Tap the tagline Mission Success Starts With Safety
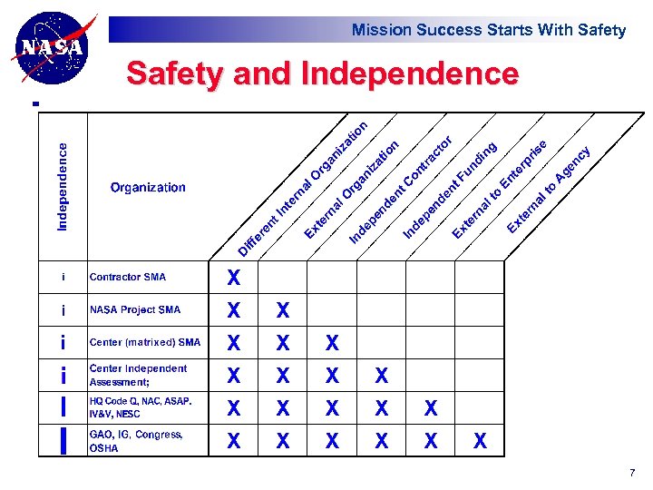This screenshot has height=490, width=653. [x=488, y=30]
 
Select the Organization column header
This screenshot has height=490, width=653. [x=148, y=188]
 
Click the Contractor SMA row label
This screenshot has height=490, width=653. [x=128, y=277]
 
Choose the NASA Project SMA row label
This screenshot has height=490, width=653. [x=135, y=309]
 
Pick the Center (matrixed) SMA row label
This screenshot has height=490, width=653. [x=145, y=342]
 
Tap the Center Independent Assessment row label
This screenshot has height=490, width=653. [x=138, y=375]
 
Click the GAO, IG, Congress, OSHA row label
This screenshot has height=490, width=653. [x=135, y=441]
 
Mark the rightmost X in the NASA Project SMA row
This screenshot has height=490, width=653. [x=283, y=311]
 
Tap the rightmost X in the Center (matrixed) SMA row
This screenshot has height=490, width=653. [x=332, y=344]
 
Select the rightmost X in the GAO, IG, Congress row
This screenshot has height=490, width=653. [x=480, y=442]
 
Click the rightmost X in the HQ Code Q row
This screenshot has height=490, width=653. [x=431, y=409]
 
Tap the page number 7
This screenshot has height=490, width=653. [x=631, y=473]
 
